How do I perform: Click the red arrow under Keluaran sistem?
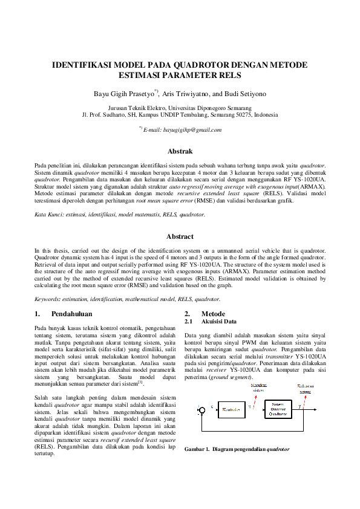306,397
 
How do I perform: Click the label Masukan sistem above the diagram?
258,387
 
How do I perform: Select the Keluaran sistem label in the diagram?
305,387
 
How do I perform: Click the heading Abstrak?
180,151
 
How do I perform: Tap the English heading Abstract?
180,236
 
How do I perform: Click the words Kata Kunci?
47,215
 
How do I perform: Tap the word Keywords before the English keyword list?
47,299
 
